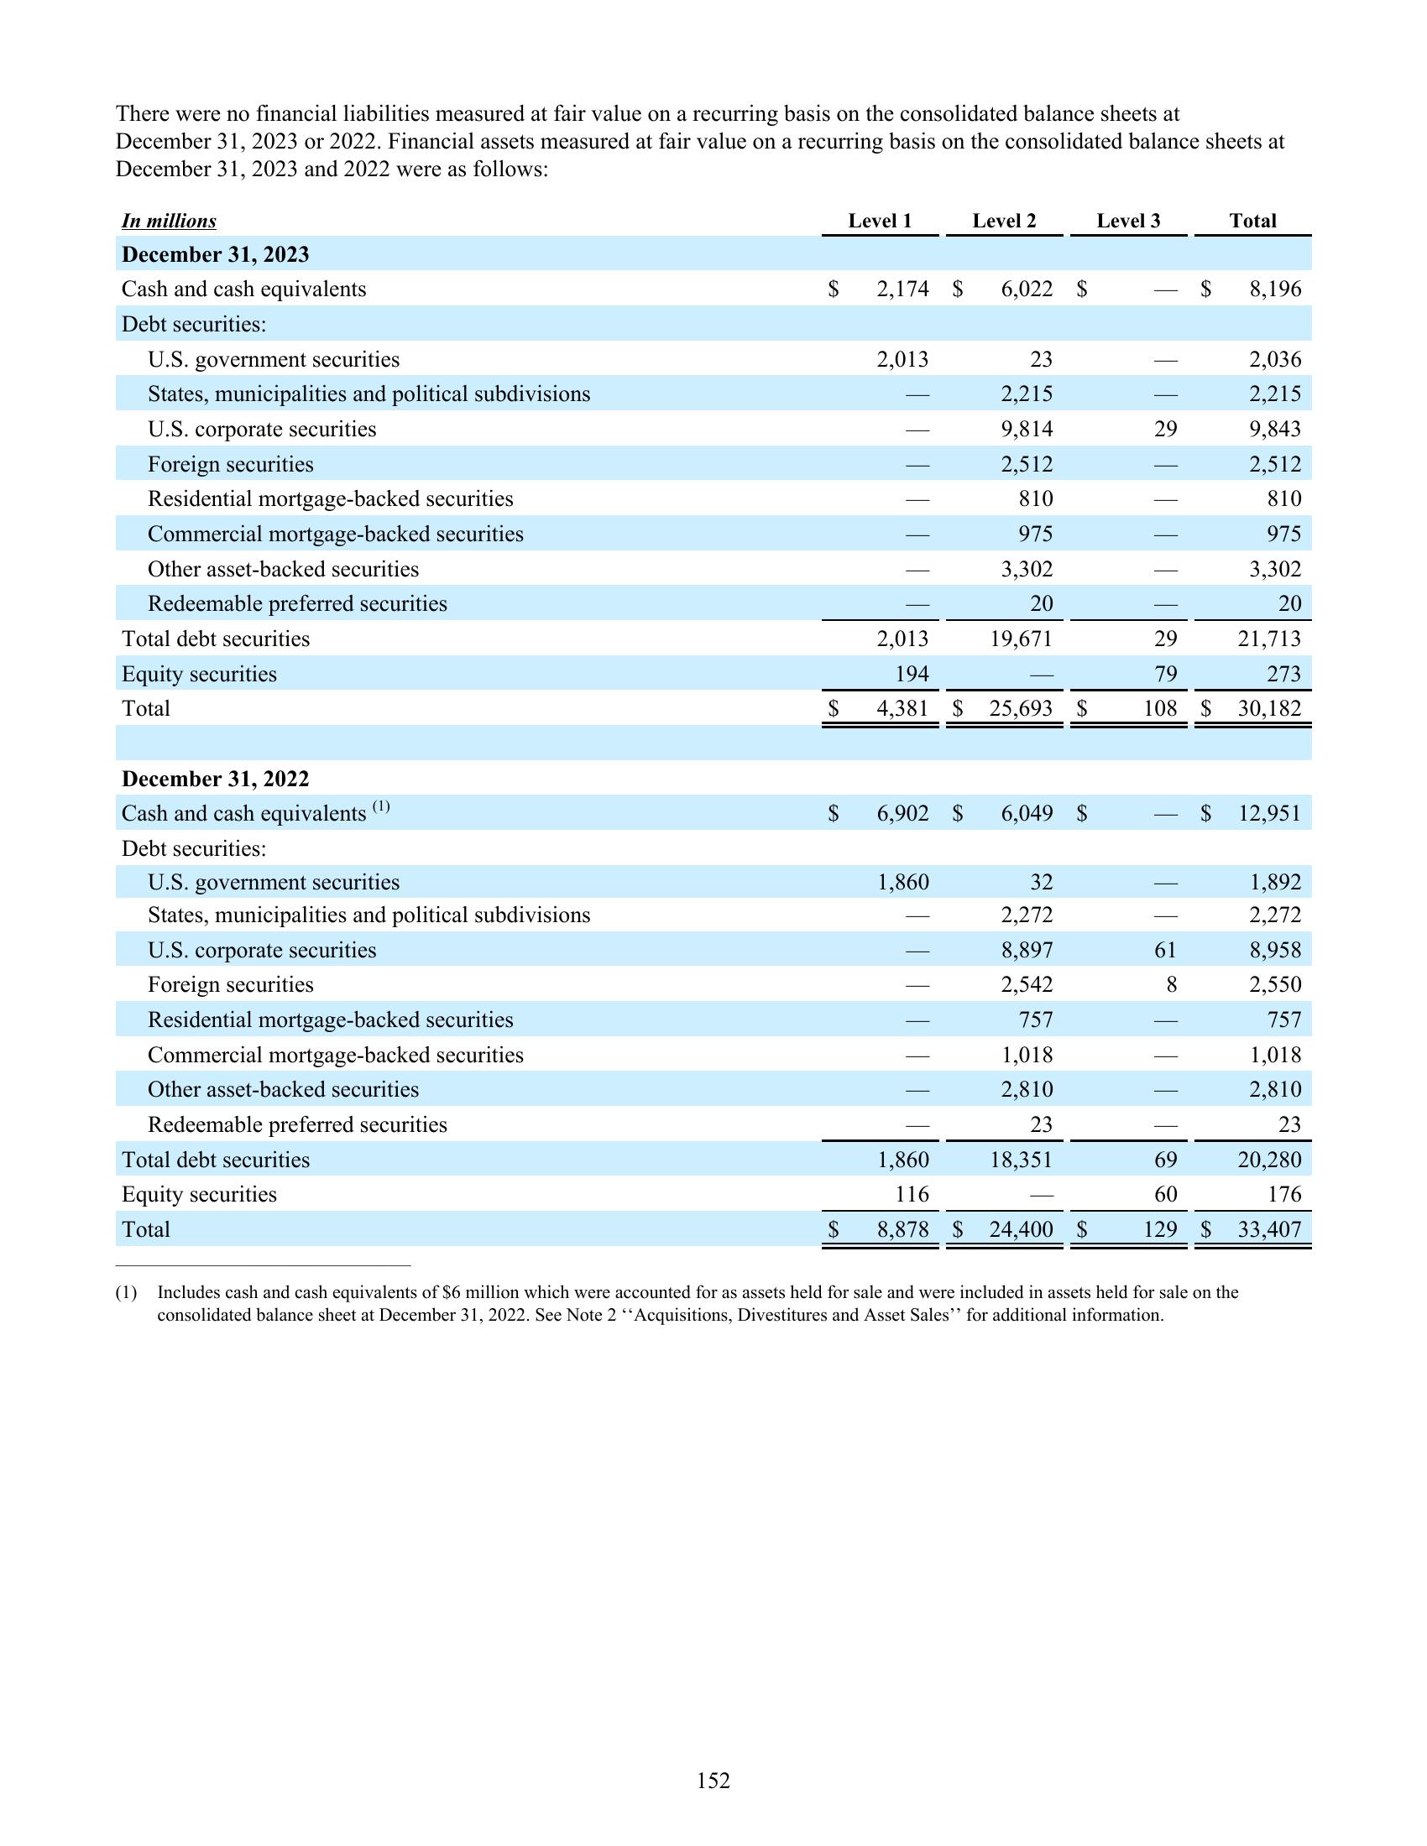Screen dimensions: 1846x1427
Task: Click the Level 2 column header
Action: click(1003, 221)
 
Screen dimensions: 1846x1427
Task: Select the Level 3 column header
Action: click(1127, 221)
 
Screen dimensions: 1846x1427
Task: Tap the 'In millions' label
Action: click(169, 222)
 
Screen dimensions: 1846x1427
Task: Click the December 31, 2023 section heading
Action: click(216, 254)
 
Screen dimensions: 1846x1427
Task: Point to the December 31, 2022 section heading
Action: click(216, 779)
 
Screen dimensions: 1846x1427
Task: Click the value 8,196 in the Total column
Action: click(1275, 289)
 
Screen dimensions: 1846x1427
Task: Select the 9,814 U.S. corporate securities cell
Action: click(1027, 430)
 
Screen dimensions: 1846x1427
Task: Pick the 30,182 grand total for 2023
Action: click(1269, 708)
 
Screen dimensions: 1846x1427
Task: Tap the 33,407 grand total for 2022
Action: click(1269, 1229)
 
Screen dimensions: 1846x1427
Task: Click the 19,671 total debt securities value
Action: click(1022, 639)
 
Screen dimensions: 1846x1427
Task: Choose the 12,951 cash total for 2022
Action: click(1269, 813)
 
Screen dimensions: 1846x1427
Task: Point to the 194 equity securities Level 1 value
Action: click(912, 674)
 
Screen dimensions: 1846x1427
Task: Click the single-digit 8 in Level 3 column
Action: click(1171, 985)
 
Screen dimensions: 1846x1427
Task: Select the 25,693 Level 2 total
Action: click(1022, 708)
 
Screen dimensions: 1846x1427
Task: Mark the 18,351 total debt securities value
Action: click(1022, 1160)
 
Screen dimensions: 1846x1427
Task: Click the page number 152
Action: click(713, 1781)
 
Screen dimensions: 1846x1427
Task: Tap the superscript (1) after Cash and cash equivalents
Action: click(380, 806)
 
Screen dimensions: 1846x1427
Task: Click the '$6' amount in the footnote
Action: click(452, 1292)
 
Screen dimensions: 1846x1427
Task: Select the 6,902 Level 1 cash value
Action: click(903, 813)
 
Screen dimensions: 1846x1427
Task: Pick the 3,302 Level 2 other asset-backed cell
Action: click(1027, 569)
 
